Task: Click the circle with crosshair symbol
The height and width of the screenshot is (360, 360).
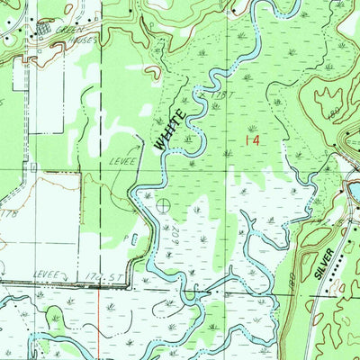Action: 162,206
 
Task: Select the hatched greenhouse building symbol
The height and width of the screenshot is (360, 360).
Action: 41,30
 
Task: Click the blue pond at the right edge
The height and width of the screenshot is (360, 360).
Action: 354,191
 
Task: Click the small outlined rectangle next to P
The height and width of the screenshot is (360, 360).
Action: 134,238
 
